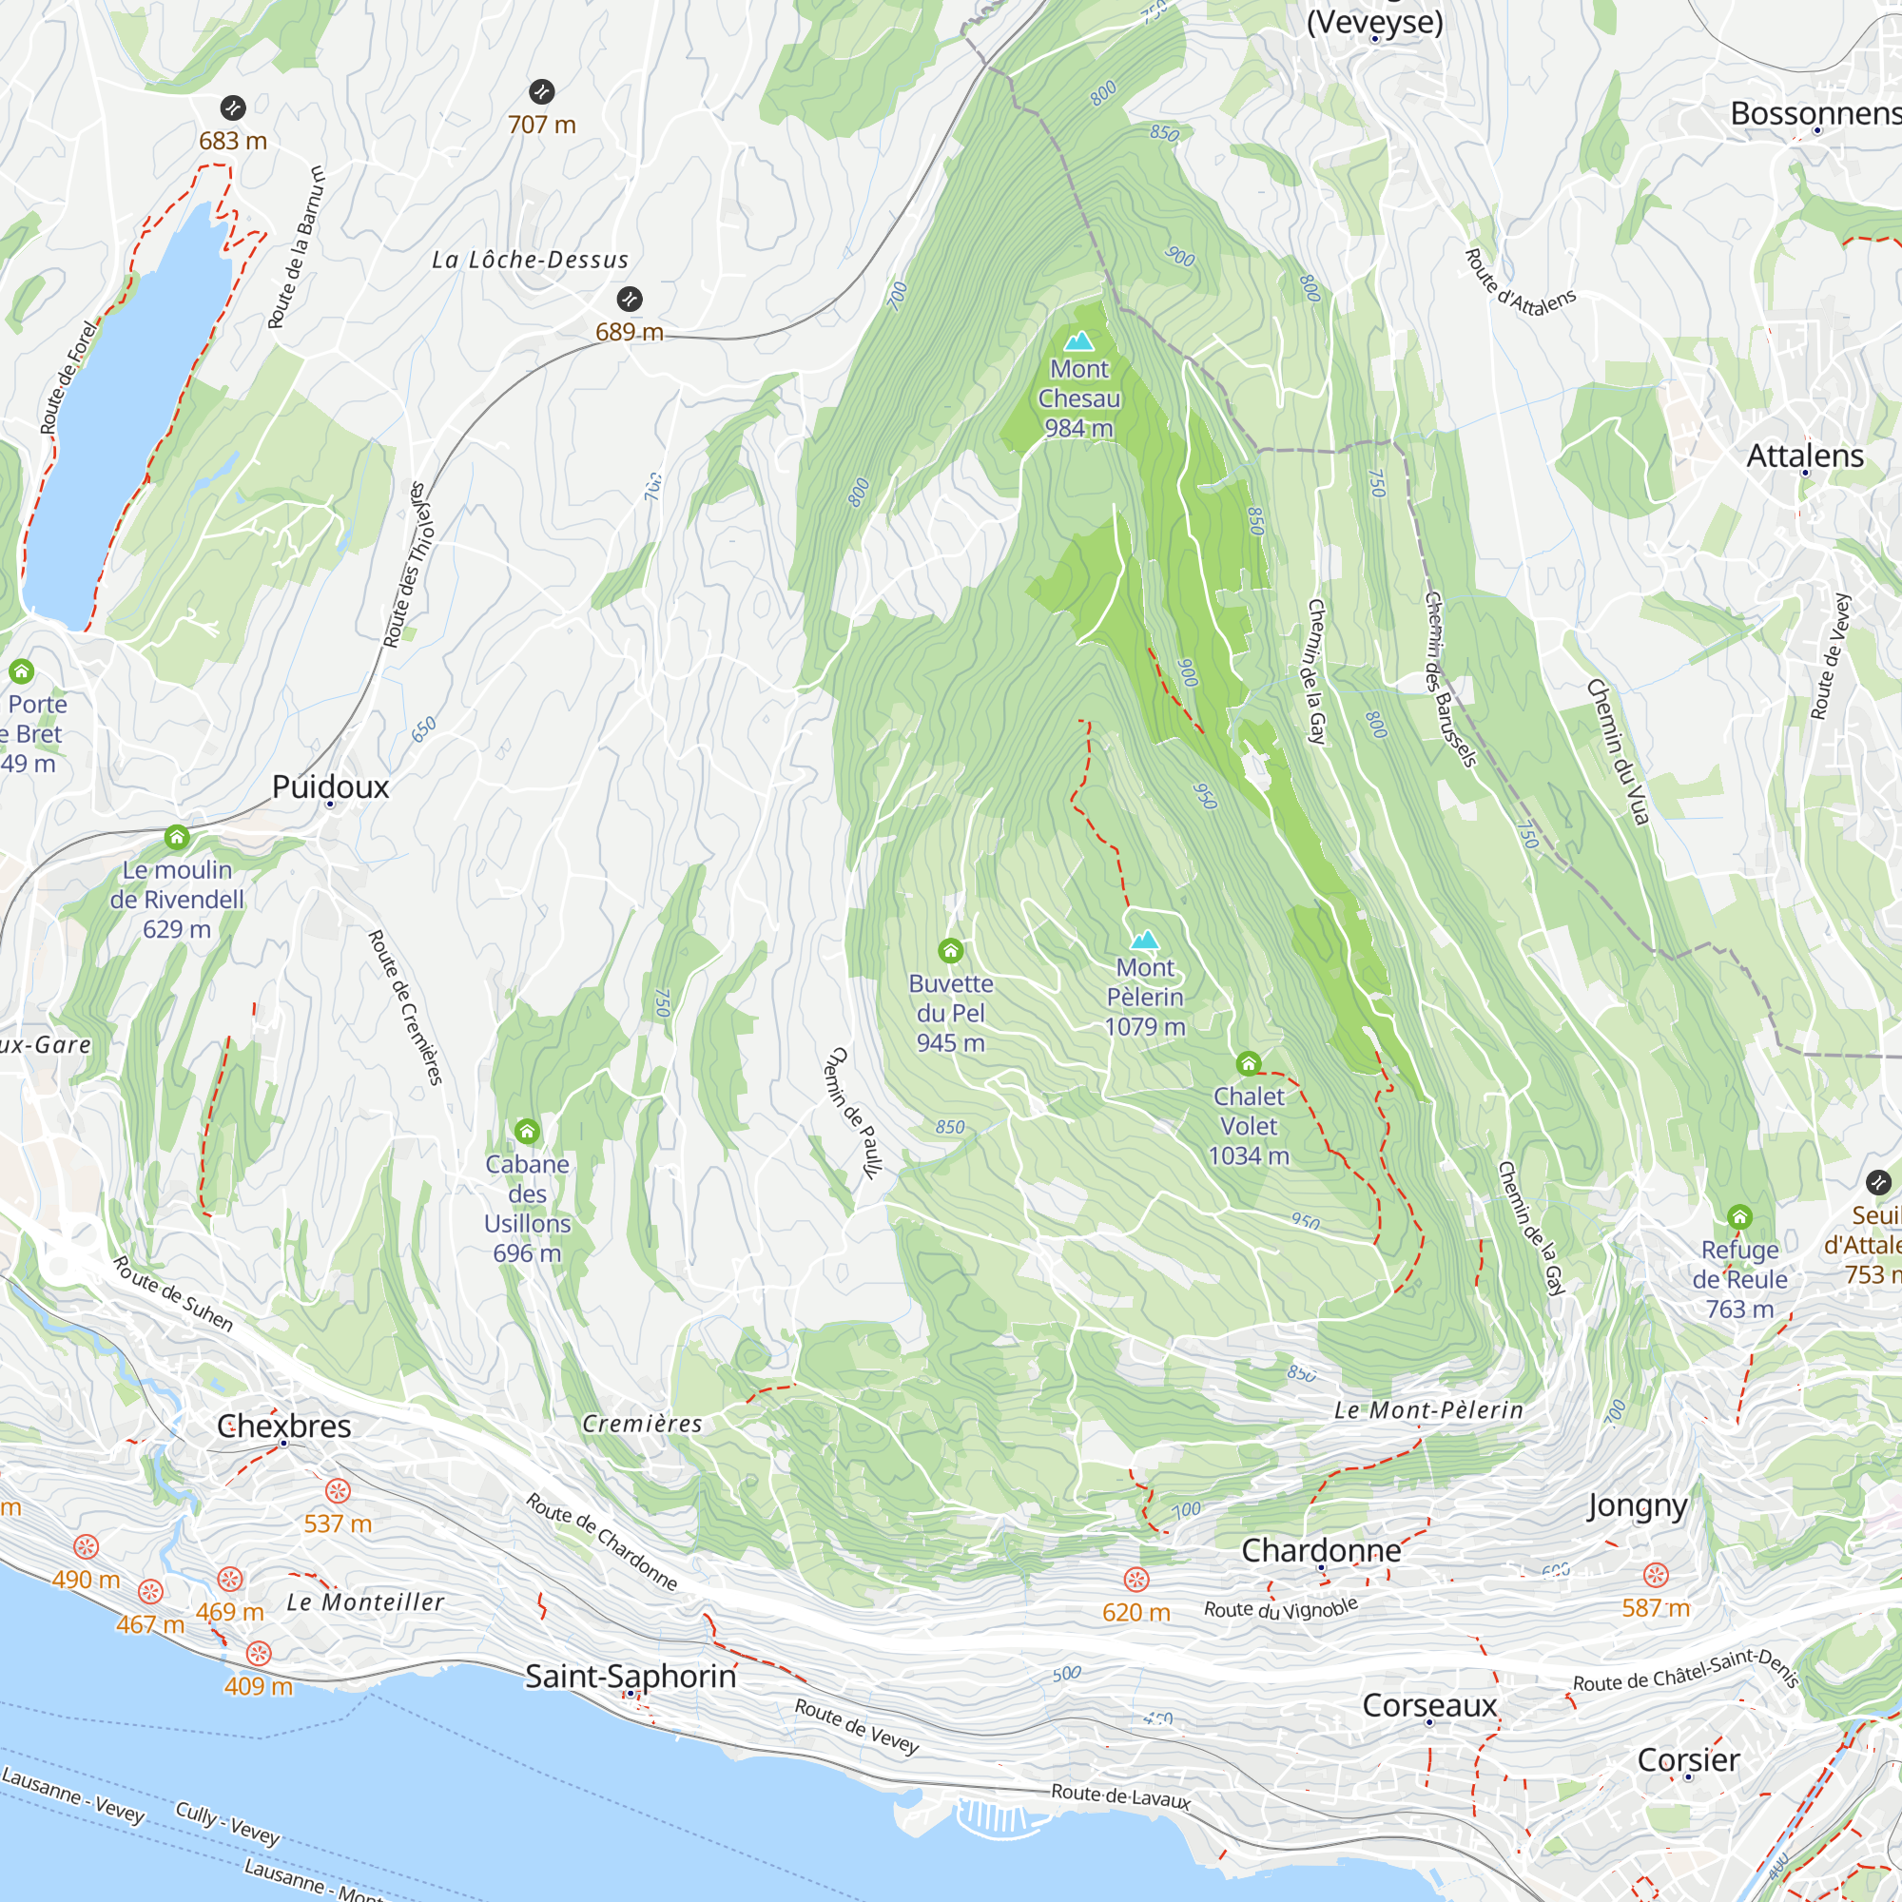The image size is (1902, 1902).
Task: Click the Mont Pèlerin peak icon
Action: [1144, 940]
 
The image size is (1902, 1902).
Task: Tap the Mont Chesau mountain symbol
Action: [1079, 341]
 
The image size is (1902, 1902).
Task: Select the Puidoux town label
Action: [331, 786]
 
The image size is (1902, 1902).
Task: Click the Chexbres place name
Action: [283, 1426]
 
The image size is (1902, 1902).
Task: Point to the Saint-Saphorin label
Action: [631, 1676]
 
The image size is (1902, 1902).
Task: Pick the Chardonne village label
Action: [1321, 1550]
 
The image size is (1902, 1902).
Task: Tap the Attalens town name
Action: [1805, 456]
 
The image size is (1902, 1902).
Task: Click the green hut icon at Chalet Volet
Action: [1249, 1063]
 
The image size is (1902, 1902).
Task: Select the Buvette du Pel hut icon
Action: [950, 950]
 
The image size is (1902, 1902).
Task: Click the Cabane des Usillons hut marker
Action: [527, 1131]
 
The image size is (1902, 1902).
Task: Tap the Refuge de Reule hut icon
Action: [1739, 1217]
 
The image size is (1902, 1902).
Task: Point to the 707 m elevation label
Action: [541, 125]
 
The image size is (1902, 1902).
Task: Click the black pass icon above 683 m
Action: [232, 107]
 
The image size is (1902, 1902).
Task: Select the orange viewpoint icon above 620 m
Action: [1136, 1580]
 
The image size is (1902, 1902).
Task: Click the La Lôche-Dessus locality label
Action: [530, 260]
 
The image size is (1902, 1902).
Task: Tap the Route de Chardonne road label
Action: [602, 1542]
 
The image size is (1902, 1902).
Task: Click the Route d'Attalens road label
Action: [1520, 282]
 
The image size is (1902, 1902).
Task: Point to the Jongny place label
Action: [1638, 1506]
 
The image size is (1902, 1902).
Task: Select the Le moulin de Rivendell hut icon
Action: [176, 838]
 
